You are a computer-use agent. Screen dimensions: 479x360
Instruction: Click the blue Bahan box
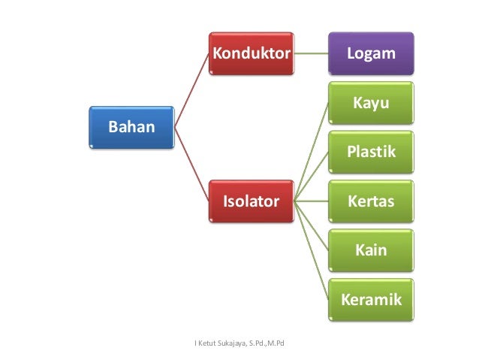coord(131,126)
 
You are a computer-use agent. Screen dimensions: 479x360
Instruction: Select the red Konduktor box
coord(251,53)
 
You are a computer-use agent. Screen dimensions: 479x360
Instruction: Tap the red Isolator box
coord(251,201)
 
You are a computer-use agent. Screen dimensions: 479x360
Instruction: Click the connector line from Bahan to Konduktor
coord(191,89)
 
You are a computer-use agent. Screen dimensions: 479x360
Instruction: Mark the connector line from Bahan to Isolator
coord(191,164)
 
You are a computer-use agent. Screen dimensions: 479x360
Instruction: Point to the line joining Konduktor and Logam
coord(309,53)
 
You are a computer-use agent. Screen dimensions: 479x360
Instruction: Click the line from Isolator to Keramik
coord(309,251)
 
